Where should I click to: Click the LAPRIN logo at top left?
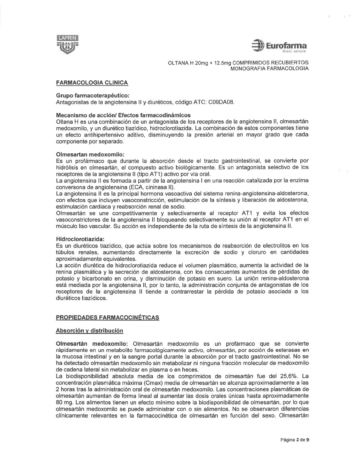(x=67, y=44)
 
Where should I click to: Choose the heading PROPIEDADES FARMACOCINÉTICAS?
(x=108, y=317)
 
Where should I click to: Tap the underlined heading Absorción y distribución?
(x=89, y=331)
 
